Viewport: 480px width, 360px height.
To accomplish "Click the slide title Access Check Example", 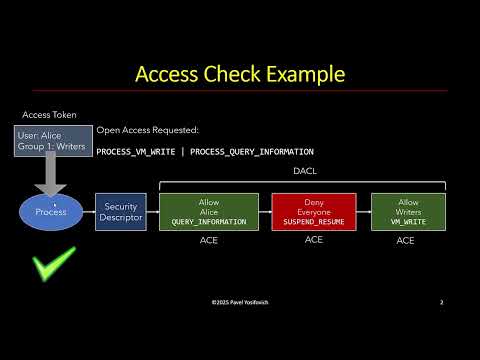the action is click(x=239, y=75).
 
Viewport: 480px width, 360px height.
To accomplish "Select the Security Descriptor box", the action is click(x=120, y=213).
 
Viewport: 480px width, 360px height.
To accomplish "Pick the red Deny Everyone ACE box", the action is click(x=313, y=213).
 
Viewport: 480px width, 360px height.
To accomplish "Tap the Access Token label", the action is click(x=50, y=115).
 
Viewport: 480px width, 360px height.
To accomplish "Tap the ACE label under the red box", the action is click(x=313, y=240).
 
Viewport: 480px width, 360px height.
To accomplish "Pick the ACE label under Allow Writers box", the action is click(x=405, y=241).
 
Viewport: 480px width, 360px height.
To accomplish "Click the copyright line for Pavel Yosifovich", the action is click(x=241, y=302).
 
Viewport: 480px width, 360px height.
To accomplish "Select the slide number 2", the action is click(x=441, y=302).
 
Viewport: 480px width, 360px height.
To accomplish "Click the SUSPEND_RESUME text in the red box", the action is click(x=313, y=222).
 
